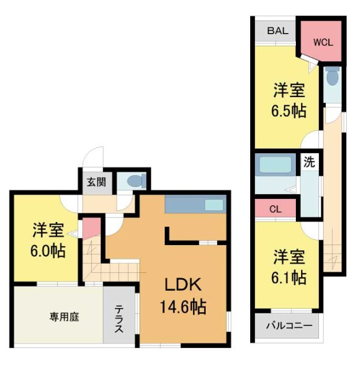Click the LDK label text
183,284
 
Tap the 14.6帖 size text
183,306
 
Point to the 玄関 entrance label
96,182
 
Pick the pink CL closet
275,209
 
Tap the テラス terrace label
118,319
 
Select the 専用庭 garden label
64,316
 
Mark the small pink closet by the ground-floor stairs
90,228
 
